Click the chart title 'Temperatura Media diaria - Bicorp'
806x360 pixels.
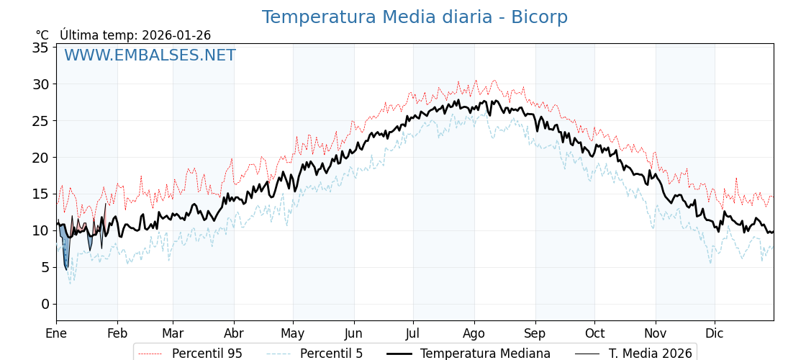pyautogui.click(x=415, y=17)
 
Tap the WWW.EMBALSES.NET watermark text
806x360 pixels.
pyautogui.click(x=150, y=55)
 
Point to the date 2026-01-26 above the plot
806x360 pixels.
pyautogui.click(x=176, y=35)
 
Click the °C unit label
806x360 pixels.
pyautogui.click(x=42, y=35)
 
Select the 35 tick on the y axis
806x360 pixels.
pyautogui.click(x=40, y=48)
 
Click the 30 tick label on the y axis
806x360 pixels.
pyautogui.click(x=40, y=84)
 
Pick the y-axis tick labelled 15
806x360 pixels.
pyautogui.click(x=40, y=194)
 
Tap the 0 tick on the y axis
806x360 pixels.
pyautogui.click(x=45, y=304)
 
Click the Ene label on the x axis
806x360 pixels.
pyautogui.click(x=56, y=333)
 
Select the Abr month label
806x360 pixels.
pyautogui.click(x=234, y=333)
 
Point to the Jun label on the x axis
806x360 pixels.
pyautogui.click(x=353, y=333)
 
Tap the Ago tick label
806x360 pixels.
pyautogui.click(x=474, y=333)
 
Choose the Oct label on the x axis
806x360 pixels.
pyautogui.click(x=594, y=333)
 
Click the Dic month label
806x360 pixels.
pyautogui.click(x=715, y=333)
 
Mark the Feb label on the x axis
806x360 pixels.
pyautogui.click(x=117, y=333)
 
